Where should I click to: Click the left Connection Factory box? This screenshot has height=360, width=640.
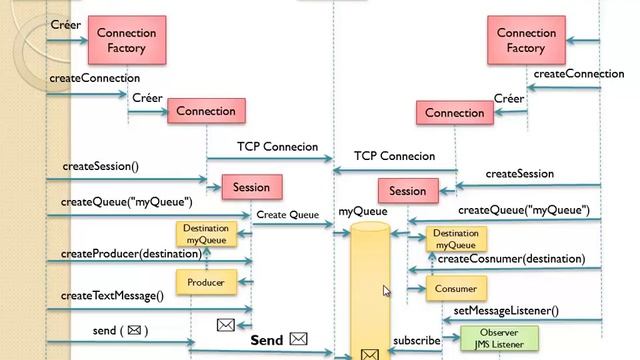click(x=127, y=40)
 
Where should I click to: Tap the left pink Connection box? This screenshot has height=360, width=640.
click(x=206, y=112)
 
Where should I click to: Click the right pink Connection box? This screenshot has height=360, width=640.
click(x=455, y=113)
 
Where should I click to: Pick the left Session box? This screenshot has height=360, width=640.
click(x=251, y=187)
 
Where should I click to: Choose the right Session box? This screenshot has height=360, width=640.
click(x=407, y=191)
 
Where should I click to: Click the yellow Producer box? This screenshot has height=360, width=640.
click(x=205, y=283)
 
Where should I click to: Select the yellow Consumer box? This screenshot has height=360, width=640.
click(x=455, y=289)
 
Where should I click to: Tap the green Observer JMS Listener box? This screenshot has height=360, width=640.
click(x=499, y=338)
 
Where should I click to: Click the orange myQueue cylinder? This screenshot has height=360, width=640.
click(x=369, y=290)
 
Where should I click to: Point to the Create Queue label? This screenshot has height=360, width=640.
click(x=287, y=214)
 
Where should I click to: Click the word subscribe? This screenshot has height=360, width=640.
click(x=416, y=340)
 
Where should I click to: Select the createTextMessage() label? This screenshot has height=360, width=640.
click(x=111, y=295)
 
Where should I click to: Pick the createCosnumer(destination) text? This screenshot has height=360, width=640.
click(x=511, y=259)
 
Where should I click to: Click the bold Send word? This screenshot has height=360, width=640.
click(x=267, y=340)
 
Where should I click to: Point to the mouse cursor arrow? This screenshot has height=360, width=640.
click(x=387, y=290)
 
